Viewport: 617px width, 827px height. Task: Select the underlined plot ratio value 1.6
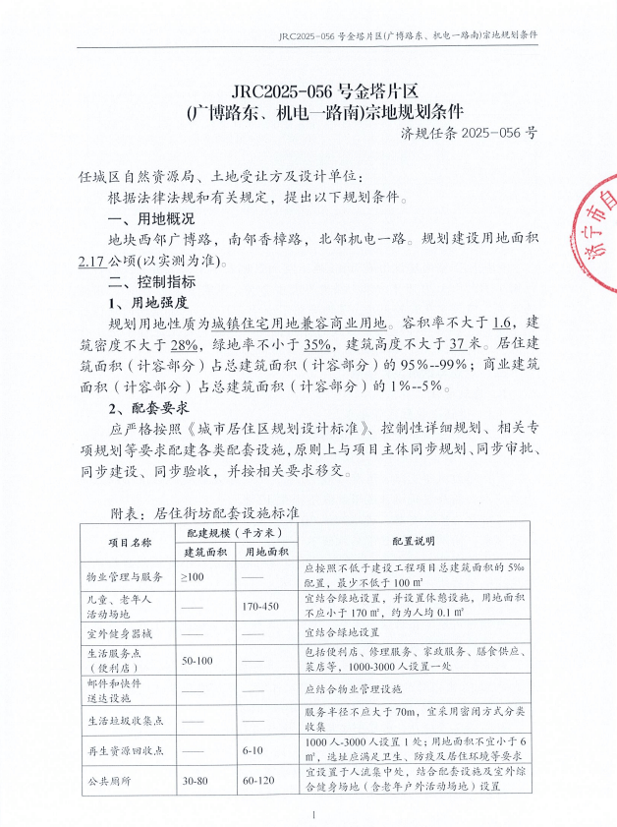click(x=504, y=322)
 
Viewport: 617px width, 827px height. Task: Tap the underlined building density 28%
click(x=183, y=343)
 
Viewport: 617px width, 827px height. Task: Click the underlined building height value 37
click(x=457, y=343)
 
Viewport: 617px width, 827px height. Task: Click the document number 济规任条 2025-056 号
click(x=470, y=132)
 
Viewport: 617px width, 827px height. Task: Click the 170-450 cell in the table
click(x=260, y=605)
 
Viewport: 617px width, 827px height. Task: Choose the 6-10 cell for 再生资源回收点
click(x=260, y=748)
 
